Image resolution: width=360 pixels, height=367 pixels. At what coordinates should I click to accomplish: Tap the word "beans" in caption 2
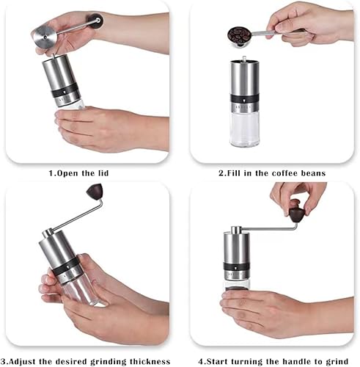(x=311, y=174)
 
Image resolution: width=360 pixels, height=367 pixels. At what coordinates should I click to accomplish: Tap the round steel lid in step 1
(x=46, y=33)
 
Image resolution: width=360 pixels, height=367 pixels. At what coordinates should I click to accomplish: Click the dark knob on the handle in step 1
(x=96, y=22)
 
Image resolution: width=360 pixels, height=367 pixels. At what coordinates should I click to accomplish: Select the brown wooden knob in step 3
(x=94, y=192)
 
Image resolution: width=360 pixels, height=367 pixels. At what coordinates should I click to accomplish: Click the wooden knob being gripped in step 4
(x=296, y=214)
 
